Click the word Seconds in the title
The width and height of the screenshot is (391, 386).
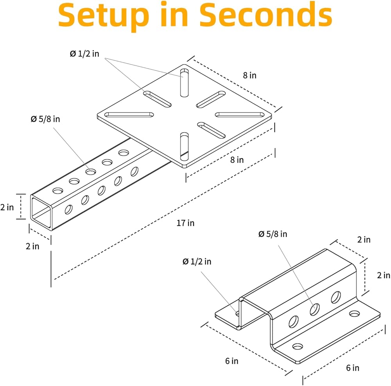point(266,14)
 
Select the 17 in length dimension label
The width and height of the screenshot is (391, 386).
point(185,223)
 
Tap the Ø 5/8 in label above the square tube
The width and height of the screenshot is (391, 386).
point(45,119)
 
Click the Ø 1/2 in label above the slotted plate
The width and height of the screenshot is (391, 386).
point(84,54)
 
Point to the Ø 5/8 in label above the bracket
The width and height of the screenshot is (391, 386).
point(273,234)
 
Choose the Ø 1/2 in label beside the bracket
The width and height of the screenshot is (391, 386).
point(197,261)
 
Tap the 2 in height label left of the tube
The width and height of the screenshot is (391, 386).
point(7,207)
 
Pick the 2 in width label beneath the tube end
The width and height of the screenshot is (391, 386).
point(32,246)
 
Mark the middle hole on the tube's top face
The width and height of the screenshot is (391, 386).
point(91,172)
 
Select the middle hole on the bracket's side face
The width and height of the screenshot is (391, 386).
point(315,309)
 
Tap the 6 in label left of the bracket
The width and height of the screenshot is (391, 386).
point(231,361)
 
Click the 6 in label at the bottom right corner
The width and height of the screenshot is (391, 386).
point(353,368)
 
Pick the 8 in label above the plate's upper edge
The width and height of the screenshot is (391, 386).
point(249,75)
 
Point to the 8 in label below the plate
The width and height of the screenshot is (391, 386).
point(237,160)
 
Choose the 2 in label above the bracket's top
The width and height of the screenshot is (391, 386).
point(364,239)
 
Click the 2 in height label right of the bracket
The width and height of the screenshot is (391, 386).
point(384,275)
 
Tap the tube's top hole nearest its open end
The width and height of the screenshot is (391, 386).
point(58,191)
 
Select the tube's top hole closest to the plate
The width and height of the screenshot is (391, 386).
point(124,152)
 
